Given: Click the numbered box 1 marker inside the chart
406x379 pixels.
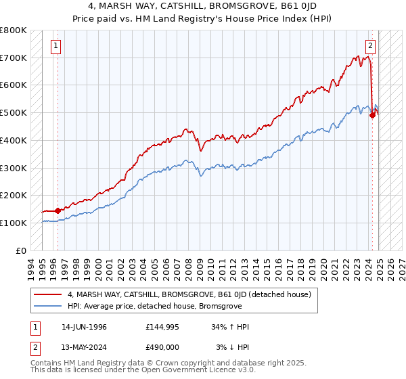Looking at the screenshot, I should point(55,46).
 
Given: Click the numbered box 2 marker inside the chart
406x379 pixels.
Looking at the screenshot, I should point(371,46).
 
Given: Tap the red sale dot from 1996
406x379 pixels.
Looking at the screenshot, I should point(58,210).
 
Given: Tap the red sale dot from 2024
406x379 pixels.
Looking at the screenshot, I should point(372,116).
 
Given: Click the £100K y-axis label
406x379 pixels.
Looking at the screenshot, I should point(14,223).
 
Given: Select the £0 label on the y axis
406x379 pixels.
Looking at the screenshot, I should point(22,250).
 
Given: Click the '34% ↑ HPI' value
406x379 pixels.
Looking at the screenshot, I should point(231,327).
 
